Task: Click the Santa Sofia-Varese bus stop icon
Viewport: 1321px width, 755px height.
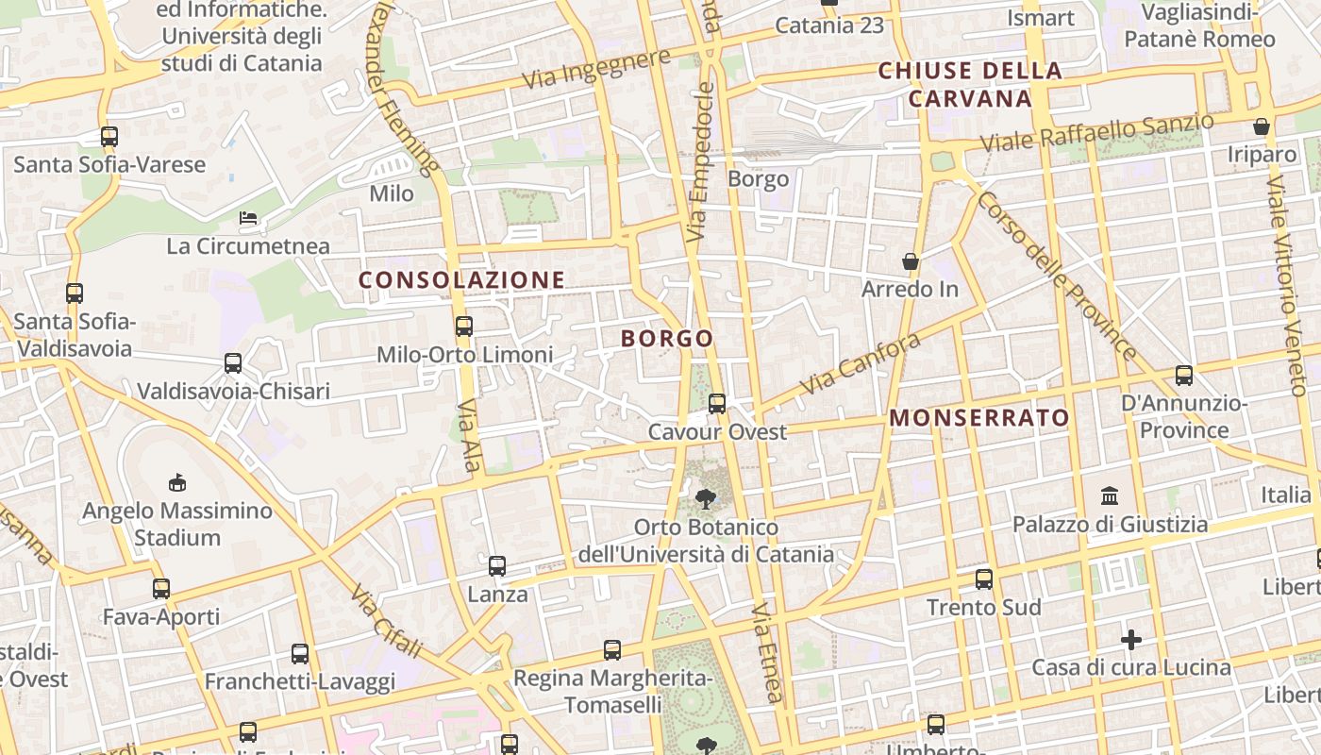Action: point(109,137)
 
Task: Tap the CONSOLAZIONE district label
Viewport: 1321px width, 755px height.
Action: point(461,280)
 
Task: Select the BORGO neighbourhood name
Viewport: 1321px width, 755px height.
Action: point(667,339)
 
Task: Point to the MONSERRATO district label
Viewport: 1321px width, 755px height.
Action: point(979,418)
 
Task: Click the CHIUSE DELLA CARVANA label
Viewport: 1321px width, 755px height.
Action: point(970,84)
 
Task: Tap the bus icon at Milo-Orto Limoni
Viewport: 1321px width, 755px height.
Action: point(464,327)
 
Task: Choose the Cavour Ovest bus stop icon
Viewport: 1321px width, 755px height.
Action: point(717,404)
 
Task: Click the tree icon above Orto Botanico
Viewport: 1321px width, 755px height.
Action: point(705,498)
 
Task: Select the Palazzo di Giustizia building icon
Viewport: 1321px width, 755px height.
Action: point(1110,495)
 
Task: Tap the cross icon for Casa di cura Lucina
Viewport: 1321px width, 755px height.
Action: point(1130,641)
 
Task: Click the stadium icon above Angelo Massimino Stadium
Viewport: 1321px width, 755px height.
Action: point(176,483)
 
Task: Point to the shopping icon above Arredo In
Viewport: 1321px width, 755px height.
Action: point(910,260)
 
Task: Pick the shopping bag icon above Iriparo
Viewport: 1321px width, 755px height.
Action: point(1262,126)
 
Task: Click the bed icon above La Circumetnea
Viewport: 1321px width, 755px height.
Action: point(248,218)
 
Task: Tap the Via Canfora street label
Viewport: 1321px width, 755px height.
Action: point(860,364)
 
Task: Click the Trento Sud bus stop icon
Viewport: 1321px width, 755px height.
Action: point(984,579)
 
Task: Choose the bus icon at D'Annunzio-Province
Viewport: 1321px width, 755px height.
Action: point(1184,375)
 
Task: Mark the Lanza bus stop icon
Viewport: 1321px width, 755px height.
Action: point(497,566)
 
